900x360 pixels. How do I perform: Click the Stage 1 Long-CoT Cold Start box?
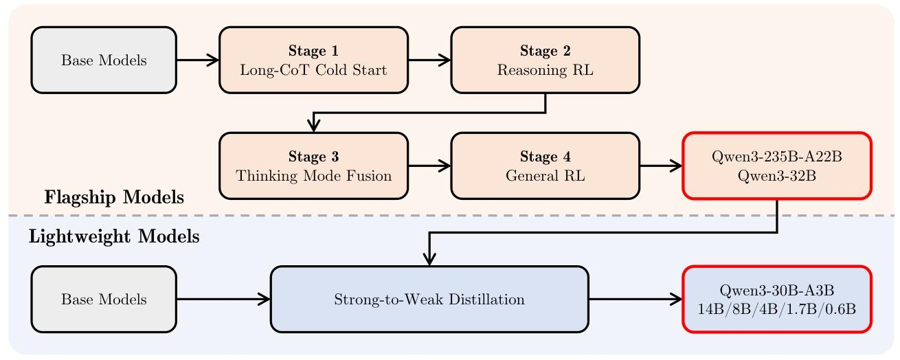pos(313,60)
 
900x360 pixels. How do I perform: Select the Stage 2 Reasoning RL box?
pos(545,60)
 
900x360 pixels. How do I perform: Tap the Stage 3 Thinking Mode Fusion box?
pos(313,166)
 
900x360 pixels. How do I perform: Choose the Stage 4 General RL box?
pos(545,166)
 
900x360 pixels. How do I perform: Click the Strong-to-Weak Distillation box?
pos(429,300)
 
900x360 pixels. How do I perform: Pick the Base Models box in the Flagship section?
pos(104,60)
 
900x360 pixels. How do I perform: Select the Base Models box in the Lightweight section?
pos(104,300)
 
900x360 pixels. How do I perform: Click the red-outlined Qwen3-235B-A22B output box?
pos(777,166)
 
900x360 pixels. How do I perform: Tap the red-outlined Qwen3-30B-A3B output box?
pos(777,300)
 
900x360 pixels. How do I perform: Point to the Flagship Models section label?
pos(114,197)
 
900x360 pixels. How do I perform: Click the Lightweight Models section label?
pos(114,236)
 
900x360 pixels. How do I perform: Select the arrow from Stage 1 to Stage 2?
pos(429,60)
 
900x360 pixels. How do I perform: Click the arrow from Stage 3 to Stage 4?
pos(429,166)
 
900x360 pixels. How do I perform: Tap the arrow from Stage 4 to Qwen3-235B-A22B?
pos(662,166)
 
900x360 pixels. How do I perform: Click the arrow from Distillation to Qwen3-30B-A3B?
pos(635,300)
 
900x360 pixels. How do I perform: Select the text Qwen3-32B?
pos(777,176)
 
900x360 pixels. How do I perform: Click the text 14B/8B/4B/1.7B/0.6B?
pos(777,309)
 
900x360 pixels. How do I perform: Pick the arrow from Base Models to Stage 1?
pos(198,60)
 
